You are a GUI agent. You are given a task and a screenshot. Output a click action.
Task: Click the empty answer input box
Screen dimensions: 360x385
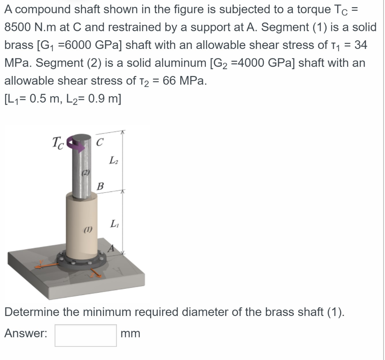pyautogui.click(x=85, y=335)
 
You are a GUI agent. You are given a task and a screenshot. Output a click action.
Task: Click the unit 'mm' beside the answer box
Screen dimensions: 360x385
pyautogui.click(x=130, y=334)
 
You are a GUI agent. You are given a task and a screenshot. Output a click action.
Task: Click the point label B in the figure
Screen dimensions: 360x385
pyautogui.click(x=100, y=186)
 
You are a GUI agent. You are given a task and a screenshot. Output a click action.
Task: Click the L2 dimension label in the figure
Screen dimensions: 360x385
pyautogui.click(x=113, y=161)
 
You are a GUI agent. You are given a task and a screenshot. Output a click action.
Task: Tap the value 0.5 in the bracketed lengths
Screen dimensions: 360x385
pyautogui.click(x=38, y=99)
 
